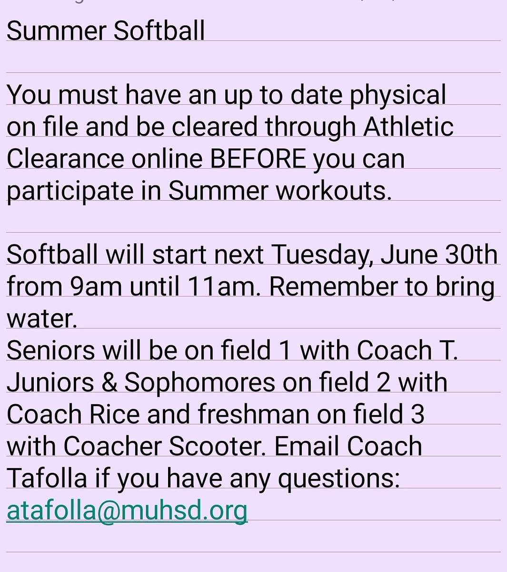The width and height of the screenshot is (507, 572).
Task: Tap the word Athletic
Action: point(408,127)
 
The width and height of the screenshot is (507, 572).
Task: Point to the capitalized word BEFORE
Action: point(258,159)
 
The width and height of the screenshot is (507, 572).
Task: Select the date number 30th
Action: point(471,255)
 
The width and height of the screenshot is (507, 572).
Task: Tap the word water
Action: point(41,319)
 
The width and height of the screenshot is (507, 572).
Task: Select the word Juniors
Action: point(50,383)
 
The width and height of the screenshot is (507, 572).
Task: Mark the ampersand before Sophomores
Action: point(109,383)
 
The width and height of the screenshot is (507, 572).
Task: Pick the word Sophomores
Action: point(199,383)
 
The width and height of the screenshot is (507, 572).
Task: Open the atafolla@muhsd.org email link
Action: point(127,511)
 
